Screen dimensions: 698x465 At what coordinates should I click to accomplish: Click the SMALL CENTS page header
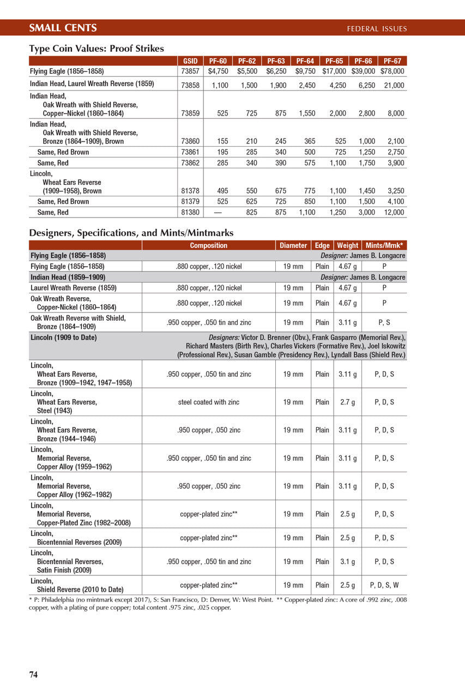(63, 28)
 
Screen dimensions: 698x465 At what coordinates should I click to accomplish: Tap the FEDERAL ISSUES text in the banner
(377, 29)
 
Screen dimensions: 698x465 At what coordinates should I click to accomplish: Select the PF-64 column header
(305, 61)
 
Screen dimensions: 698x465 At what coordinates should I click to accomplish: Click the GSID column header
(190, 61)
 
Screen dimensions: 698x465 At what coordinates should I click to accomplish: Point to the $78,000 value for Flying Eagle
(392, 71)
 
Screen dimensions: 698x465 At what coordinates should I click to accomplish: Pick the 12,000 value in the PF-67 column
(394, 212)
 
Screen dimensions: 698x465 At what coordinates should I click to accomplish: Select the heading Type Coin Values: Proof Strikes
(96, 49)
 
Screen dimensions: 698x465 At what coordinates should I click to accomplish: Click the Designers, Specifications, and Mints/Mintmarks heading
(131, 233)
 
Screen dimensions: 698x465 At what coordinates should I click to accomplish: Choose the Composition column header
(208, 245)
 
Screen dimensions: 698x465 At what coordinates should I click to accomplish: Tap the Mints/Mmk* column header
(384, 245)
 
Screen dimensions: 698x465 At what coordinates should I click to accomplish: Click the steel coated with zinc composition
(209, 402)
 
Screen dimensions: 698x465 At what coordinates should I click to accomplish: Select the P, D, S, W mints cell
(384, 585)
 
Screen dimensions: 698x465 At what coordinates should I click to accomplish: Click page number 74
(33, 675)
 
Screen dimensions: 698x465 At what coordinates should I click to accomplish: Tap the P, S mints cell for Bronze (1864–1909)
(384, 322)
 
